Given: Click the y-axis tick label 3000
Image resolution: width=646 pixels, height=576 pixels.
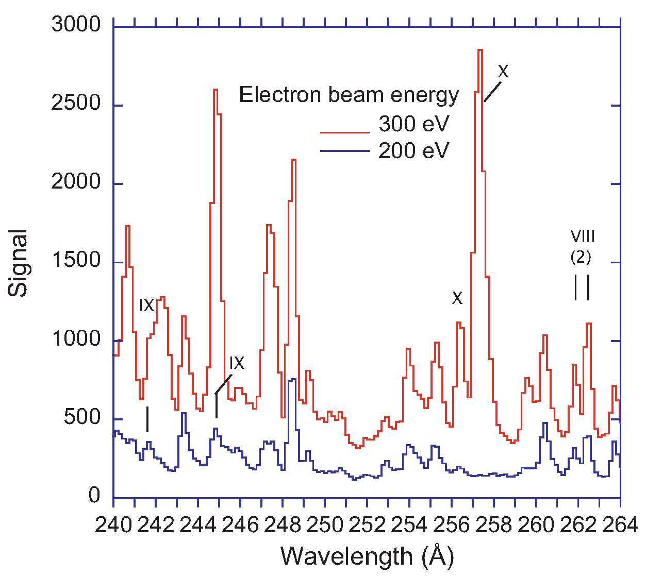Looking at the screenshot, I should pyautogui.click(x=76, y=25).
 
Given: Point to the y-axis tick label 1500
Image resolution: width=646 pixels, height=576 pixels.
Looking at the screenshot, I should pyautogui.click(x=76, y=261).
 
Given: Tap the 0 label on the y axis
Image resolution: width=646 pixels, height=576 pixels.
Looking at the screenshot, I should pyautogui.click(x=94, y=496).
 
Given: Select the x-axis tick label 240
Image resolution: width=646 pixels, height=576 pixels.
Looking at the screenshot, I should pyautogui.click(x=113, y=525).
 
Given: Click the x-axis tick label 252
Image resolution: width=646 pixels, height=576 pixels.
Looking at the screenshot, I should pyautogui.click(x=367, y=525).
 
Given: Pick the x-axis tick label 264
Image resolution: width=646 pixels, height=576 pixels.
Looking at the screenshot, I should pyautogui.click(x=620, y=525).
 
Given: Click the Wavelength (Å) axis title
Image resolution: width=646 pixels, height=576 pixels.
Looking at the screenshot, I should pyautogui.click(x=367, y=557).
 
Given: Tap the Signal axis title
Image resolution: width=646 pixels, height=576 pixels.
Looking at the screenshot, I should pyautogui.click(x=19, y=263).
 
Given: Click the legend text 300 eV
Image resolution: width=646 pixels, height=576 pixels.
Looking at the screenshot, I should pyautogui.click(x=413, y=124).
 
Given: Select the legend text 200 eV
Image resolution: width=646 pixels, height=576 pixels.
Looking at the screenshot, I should pyautogui.click(x=413, y=151).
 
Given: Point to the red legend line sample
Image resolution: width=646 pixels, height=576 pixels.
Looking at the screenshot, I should pyautogui.click(x=345, y=132).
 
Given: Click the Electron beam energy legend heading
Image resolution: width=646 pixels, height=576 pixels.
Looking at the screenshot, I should pyautogui.click(x=349, y=95).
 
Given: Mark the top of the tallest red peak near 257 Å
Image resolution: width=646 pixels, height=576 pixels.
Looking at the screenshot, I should pyautogui.click(x=480, y=50).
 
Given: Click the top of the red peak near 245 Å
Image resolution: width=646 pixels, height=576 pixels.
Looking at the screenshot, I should pyautogui.click(x=216, y=90).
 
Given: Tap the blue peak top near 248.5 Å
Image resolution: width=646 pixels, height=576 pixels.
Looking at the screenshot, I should pyautogui.click(x=293, y=379).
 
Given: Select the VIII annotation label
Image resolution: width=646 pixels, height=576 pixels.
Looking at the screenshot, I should pyautogui.click(x=583, y=236).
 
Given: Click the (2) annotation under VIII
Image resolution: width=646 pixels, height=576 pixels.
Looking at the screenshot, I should pyautogui.click(x=581, y=257).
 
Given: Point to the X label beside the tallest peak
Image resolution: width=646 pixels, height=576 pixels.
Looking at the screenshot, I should pyautogui.click(x=503, y=72).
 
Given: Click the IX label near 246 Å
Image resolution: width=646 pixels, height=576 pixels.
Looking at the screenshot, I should pyautogui.click(x=237, y=363).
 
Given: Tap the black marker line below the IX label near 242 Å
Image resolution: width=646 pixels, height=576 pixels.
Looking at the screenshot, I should pyautogui.click(x=147, y=419).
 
